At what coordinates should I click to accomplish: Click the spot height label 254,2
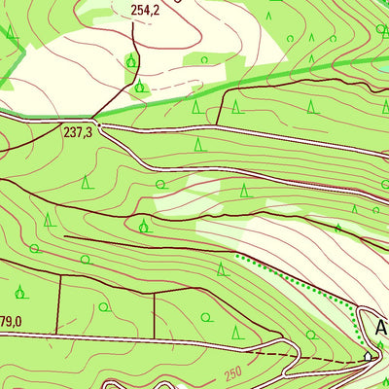click(143, 11)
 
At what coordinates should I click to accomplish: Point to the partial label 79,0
click(11, 322)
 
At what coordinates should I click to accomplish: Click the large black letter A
click(381, 328)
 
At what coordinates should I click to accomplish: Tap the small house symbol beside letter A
click(368, 357)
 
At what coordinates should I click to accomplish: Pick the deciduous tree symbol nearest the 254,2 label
click(130, 61)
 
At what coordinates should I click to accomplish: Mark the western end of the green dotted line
click(238, 256)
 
